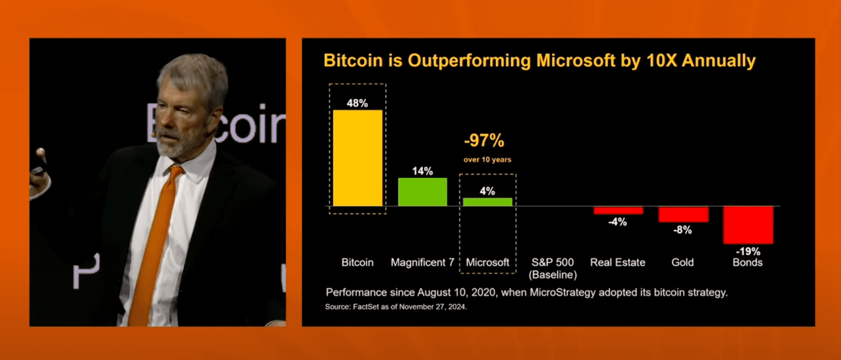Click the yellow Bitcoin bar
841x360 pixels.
point(357,158)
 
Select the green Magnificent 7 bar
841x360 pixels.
point(423,192)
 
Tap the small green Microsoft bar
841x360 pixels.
point(487,202)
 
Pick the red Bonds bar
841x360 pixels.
point(748,224)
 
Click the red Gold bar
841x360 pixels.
point(683,214)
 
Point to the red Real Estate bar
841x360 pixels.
point(618,210)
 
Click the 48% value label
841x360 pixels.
point(357,103)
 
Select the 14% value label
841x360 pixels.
point(423,171)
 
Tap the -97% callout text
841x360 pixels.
point(484,140)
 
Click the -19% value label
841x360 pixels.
point(748,251)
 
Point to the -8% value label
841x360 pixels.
point(683,230)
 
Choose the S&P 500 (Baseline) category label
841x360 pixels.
point(552,268)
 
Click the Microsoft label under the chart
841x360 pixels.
point(487,262)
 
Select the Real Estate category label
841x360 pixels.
point(618,262)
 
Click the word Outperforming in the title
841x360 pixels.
point(469,61)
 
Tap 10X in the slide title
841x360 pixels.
point(661,60)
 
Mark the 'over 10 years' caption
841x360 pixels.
point(487,160)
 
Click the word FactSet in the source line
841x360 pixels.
point(366,306)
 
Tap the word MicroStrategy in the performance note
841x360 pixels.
point(566,292)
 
